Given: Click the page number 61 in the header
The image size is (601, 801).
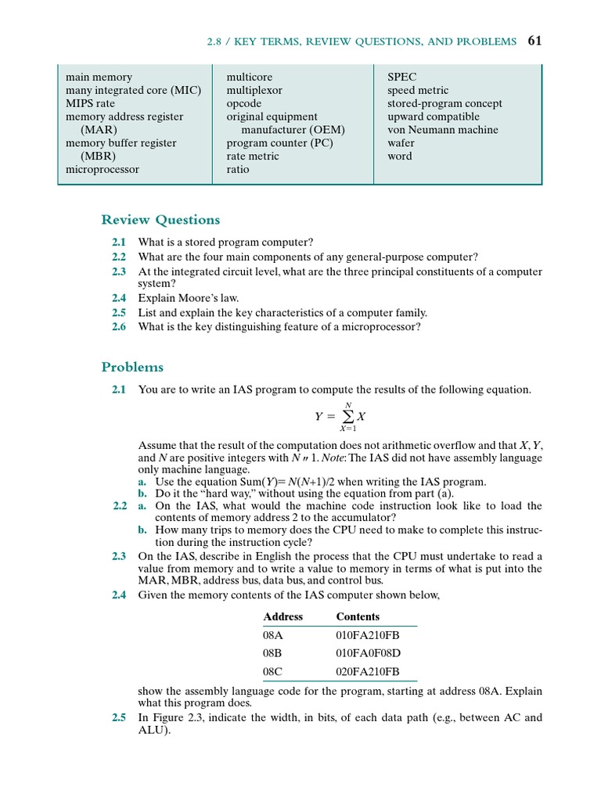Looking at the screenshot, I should [534, 41].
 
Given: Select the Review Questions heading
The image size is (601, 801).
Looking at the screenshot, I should [160, 220].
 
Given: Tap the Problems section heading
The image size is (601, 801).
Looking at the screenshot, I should [132, 367].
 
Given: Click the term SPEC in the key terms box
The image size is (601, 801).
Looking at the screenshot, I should [402, 77].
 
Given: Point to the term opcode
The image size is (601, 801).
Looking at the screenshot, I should [244, 103].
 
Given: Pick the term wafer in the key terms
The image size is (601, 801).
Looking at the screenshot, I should [401, 143].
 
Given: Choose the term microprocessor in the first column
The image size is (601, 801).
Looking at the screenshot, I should [103, 169].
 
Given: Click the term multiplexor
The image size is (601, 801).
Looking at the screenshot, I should [254, 91].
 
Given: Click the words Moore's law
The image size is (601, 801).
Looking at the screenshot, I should [208, 298].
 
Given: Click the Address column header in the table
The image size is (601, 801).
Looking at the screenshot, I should [283, 616].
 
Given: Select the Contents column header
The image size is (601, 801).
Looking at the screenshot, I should [358, 616].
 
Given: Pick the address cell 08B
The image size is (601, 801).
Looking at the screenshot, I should [272, 652].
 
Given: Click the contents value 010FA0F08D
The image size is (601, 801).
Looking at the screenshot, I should [368, 652].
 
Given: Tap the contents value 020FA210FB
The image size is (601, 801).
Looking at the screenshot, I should [367, 671].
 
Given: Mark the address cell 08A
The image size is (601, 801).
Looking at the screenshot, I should [272, 634].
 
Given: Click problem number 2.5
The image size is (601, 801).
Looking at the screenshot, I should [118, 717].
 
